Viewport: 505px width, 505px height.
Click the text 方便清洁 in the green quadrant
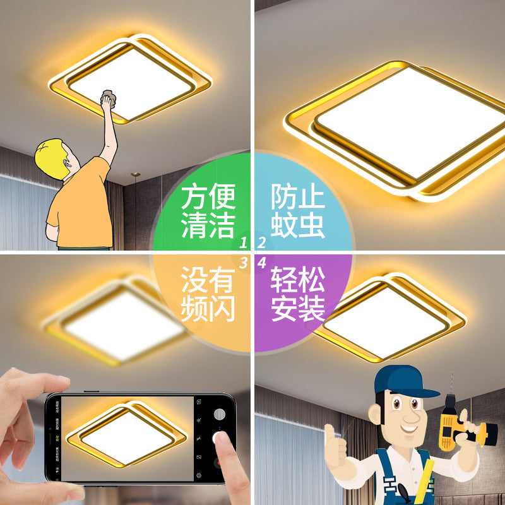(208, 211)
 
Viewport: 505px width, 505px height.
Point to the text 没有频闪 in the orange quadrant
(208, 294)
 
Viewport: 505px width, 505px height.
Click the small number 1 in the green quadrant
(242, 242)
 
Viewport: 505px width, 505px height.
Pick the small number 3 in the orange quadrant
(242, 263)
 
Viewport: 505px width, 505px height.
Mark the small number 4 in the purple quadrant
(262, 263)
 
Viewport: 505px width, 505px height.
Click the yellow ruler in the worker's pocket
(427, 480)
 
